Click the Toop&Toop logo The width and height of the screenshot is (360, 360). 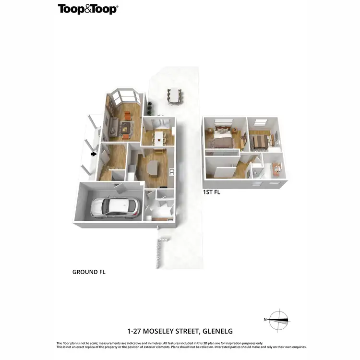(87, 9)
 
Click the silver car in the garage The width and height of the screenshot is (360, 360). (115, 207)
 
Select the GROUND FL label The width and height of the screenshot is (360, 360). (89, 272)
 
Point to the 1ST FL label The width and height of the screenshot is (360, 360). (211, 192)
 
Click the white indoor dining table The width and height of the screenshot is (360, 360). (158, 139)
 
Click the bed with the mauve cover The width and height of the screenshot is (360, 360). (222, 141)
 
